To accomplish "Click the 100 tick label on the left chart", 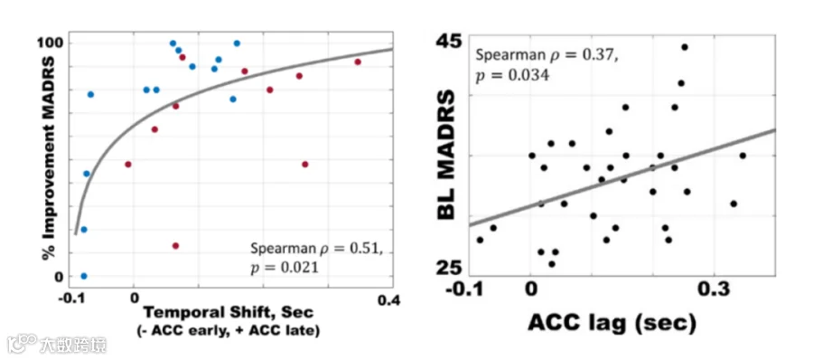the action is click(50, 43).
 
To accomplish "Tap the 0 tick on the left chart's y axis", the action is click(58, 277).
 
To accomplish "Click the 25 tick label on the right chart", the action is click(448, 268).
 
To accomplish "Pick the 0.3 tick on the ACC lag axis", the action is click(714, 289).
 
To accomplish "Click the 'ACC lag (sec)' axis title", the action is click(612, 322).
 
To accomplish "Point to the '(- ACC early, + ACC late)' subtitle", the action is click(229, 330).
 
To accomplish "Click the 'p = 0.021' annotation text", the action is click(283, 267).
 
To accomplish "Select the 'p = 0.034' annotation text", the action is click(512, 76).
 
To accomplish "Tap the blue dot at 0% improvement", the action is click(84, 276).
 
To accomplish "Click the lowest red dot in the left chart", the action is click(175, 246).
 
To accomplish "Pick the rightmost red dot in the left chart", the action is click(357, 62).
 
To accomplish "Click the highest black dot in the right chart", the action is click(685, 47).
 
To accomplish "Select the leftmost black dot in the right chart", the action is click(480, 240).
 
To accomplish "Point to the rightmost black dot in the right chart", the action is click(743, 156).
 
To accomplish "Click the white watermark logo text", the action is click(57, 344).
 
